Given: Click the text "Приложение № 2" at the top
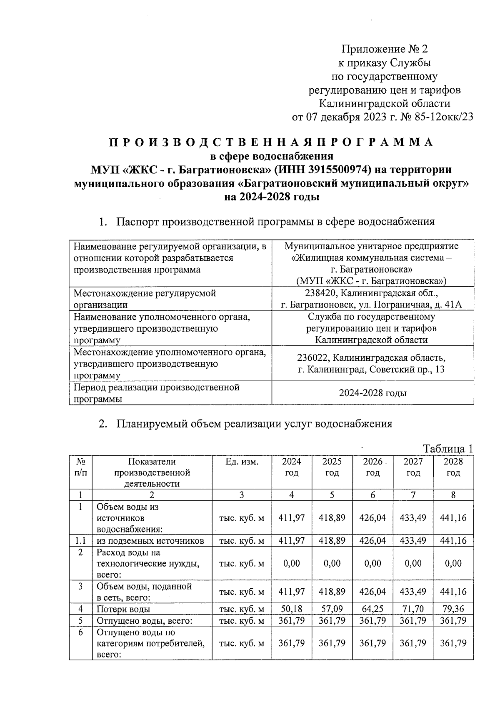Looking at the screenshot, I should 385,49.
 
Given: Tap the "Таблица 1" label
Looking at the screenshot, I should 448,449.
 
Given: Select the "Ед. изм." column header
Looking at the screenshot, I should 242,462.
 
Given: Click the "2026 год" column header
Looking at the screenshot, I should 373,467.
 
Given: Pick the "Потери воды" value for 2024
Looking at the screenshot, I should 291,609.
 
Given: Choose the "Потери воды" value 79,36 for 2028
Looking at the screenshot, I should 453,609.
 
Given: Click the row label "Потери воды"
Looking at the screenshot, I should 123,609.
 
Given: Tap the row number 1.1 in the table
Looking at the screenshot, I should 80,541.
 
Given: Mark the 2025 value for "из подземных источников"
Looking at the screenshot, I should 332,541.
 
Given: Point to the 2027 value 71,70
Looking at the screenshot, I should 413,609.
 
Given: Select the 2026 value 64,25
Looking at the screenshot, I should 372,609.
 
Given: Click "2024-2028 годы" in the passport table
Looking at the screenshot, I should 372,393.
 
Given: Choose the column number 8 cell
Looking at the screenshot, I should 453,495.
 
